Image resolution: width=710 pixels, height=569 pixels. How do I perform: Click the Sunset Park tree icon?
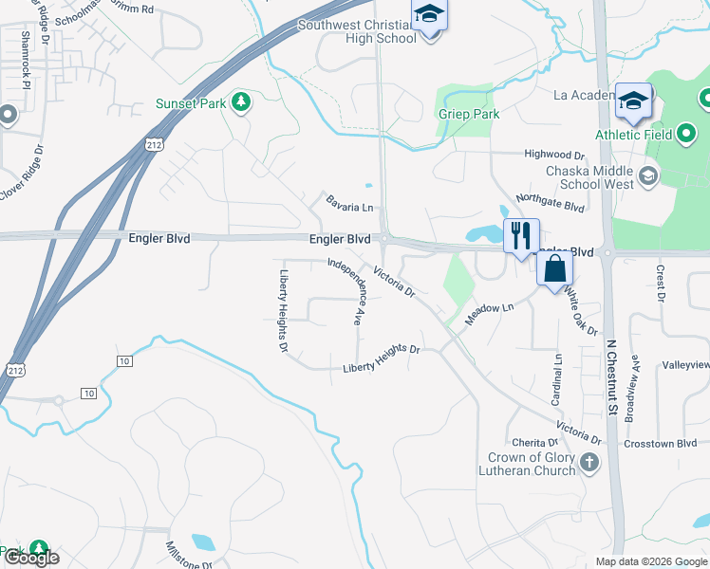[242, 102]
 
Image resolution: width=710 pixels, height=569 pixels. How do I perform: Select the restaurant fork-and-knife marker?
[519, 235]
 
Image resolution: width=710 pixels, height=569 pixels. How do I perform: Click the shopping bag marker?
[554, 270]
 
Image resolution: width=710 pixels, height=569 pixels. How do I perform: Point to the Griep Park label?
[468, 114]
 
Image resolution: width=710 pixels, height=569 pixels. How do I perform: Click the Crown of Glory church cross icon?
[589, 464]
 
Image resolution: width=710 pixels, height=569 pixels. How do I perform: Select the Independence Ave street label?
[346, 291]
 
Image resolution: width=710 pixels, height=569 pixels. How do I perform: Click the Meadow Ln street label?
[488, 314]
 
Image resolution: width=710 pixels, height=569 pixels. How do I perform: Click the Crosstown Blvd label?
[661, 443]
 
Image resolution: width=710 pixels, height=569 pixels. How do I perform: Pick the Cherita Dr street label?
[534, 442]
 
